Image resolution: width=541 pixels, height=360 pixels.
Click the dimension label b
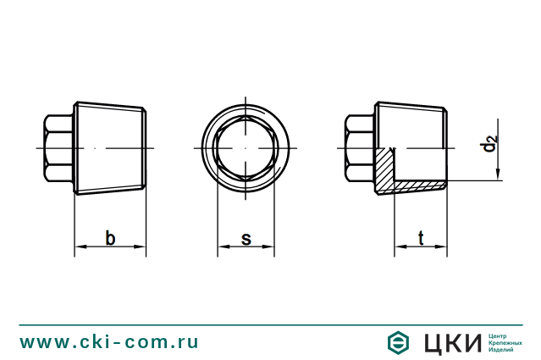(110, 238)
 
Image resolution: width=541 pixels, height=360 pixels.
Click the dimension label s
(246, 238)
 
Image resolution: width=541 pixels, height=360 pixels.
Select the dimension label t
(421, 238)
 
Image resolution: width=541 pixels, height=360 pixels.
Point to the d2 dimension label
(490, 143)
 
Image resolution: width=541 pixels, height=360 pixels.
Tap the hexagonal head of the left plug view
(58, 148)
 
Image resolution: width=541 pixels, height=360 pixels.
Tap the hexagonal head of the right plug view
(360, 148)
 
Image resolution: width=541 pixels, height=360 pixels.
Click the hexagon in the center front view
(246, 148)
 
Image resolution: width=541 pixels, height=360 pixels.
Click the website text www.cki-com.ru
(109, 341)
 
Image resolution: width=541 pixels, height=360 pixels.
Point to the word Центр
(500, 335)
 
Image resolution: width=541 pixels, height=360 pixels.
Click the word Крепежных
(506, 343)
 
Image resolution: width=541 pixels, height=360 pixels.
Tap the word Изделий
(503, 351)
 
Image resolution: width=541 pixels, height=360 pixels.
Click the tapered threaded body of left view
(110, 148)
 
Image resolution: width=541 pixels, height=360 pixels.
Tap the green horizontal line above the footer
(270, 324)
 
